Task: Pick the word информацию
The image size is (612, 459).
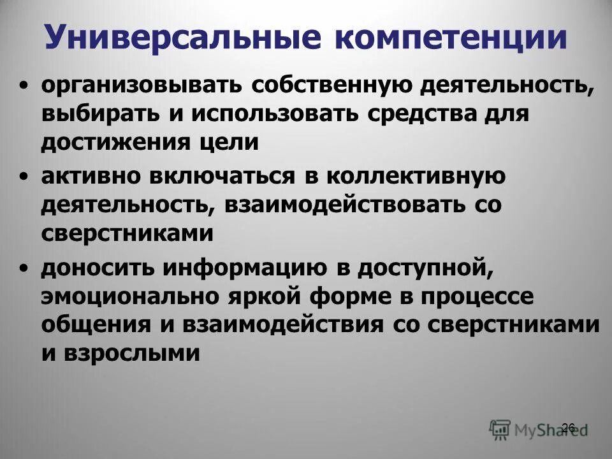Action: click(245, 267)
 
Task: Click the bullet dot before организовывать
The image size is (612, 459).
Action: click(24, 85)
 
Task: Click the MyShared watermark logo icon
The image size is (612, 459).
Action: click(500, 428)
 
